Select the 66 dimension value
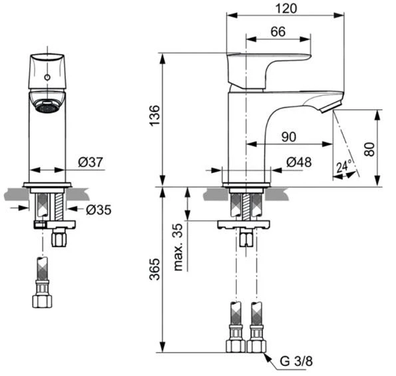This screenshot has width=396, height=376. [278, 31]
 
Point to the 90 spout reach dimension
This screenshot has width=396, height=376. [288, 136]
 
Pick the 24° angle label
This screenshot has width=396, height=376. [344, 167]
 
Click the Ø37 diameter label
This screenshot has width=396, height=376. [90, 162]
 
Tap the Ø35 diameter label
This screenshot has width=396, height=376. [98, 210]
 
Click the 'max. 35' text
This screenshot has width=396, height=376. [177, 247]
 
